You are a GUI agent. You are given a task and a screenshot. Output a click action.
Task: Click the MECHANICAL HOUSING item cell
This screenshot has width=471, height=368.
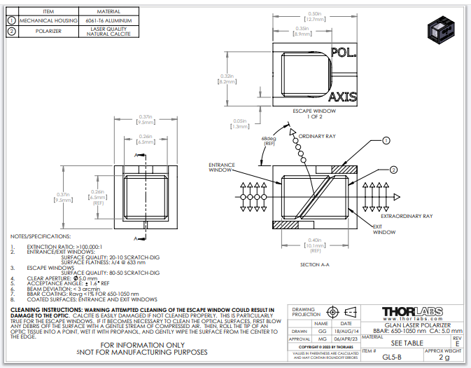tap(48, 21)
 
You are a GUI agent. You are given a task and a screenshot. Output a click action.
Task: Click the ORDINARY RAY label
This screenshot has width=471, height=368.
tap(317, 135)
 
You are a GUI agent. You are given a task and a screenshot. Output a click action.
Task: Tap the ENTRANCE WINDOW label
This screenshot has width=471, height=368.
tap(220, 168)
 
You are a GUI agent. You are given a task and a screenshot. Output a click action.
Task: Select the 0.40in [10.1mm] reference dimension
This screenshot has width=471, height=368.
tap(315, 244)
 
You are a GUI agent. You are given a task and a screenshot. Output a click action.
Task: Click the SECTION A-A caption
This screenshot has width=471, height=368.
tap(314, 264)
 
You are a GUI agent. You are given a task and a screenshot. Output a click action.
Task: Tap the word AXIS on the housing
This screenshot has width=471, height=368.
tap(343, 97)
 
